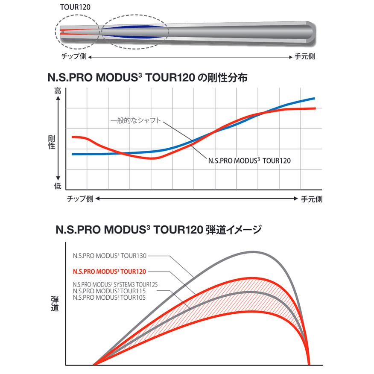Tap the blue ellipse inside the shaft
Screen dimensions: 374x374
coord(134,30)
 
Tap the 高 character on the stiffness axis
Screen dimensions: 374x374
coord(58,91)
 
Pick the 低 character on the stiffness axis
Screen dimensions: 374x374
coord(58,186)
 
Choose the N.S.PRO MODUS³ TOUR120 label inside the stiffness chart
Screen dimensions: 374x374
coord(249,161)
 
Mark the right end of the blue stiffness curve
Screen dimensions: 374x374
coord(314,98)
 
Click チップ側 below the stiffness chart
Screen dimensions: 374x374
coord(80,199)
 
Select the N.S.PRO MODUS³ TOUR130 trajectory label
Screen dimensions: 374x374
coord(110,256)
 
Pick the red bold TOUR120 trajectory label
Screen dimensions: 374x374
coord(110,271)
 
